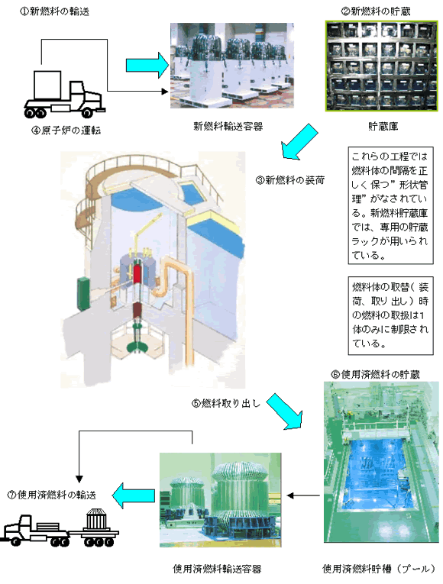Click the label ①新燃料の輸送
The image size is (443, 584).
coord(54,11)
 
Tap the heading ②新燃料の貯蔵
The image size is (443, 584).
coord(376,11)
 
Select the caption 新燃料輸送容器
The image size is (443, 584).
coord(228,126)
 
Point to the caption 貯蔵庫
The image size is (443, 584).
coord(383,127)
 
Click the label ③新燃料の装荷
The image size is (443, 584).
coord(290,180)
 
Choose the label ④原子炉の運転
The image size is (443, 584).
coord(66,131)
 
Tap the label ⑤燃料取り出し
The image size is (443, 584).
coord(226,403)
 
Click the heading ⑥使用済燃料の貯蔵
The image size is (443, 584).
coord(376,374)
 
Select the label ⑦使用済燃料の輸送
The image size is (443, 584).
coord(52,495)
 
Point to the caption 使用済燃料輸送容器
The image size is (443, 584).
coord(217,569)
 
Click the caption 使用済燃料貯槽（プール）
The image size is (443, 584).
coord(380,569)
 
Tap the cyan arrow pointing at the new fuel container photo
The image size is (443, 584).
coord(147,65)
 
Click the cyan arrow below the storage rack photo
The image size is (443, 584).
coord(299,142)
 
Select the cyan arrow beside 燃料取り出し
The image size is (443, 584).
coord(284,411)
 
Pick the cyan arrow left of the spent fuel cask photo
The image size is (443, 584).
coord(134,495)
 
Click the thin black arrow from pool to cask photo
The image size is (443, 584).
coord(303,495)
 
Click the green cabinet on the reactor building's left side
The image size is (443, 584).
coord(83,294)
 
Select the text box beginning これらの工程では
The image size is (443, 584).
coord(390,205)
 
